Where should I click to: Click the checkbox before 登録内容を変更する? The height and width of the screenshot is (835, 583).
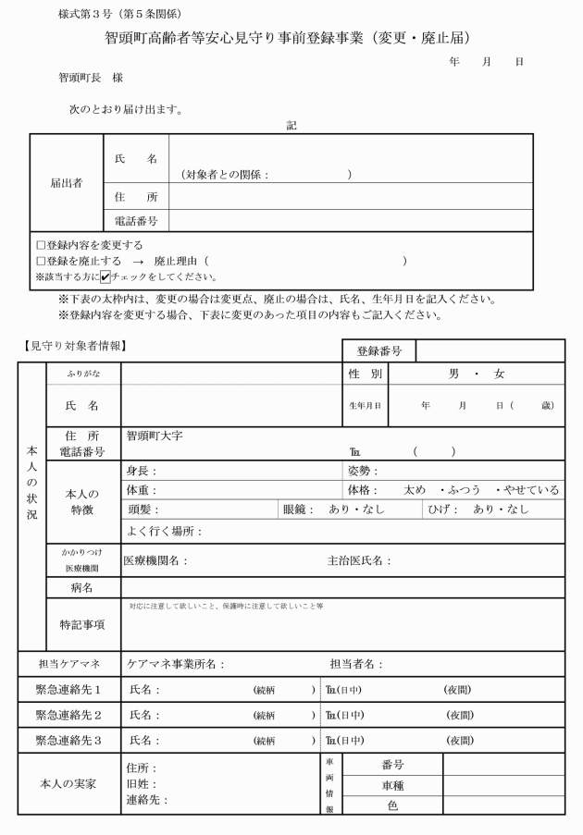(40, 246)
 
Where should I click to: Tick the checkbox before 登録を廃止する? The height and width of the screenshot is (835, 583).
(40, 262)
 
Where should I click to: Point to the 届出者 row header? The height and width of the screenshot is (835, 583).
(66, 182)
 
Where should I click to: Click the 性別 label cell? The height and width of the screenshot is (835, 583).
(365, 374)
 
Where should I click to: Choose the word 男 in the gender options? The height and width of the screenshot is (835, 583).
(453, 374)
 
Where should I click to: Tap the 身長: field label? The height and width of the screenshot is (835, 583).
(141, 471)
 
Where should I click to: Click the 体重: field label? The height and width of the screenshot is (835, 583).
(141, 489)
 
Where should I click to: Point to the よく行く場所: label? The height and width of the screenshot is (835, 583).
(164, 532)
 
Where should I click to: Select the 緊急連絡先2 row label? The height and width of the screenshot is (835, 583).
(68, 715)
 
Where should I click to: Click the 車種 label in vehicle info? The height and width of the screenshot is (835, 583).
(391, 785)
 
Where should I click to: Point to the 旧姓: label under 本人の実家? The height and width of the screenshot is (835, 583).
(141, 784)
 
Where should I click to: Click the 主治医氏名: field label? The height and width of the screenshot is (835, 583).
(359, 560)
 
